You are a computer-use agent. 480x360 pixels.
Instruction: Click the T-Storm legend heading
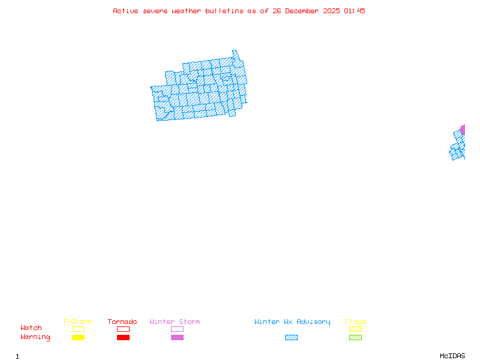tap(77, 322)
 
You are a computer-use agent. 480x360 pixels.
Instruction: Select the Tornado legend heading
tap(122, 322)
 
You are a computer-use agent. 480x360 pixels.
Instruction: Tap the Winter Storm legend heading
tap(175, 322)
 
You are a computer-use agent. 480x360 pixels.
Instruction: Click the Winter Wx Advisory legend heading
tap(292, 322)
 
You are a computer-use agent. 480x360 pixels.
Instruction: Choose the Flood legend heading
tap(355, 322)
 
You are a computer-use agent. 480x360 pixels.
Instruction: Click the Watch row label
tap(31, 328)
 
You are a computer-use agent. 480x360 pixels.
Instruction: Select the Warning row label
tap(35, 337)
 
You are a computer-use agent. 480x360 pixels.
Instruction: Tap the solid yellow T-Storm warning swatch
tap(78, 337)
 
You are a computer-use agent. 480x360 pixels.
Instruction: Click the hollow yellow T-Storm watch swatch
tap(78, 329)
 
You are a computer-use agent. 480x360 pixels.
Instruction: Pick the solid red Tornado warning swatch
tap(123, 337)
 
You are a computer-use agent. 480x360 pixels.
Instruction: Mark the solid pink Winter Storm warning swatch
tap(177, 337)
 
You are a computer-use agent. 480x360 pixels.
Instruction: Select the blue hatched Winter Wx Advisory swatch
tap(291, 337)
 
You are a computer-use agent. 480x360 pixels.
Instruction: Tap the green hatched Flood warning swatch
tap(355, 337)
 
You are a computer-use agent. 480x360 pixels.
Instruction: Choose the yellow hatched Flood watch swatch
tap(355, 329)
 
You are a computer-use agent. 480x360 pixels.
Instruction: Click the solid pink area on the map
tap(463, 129)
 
